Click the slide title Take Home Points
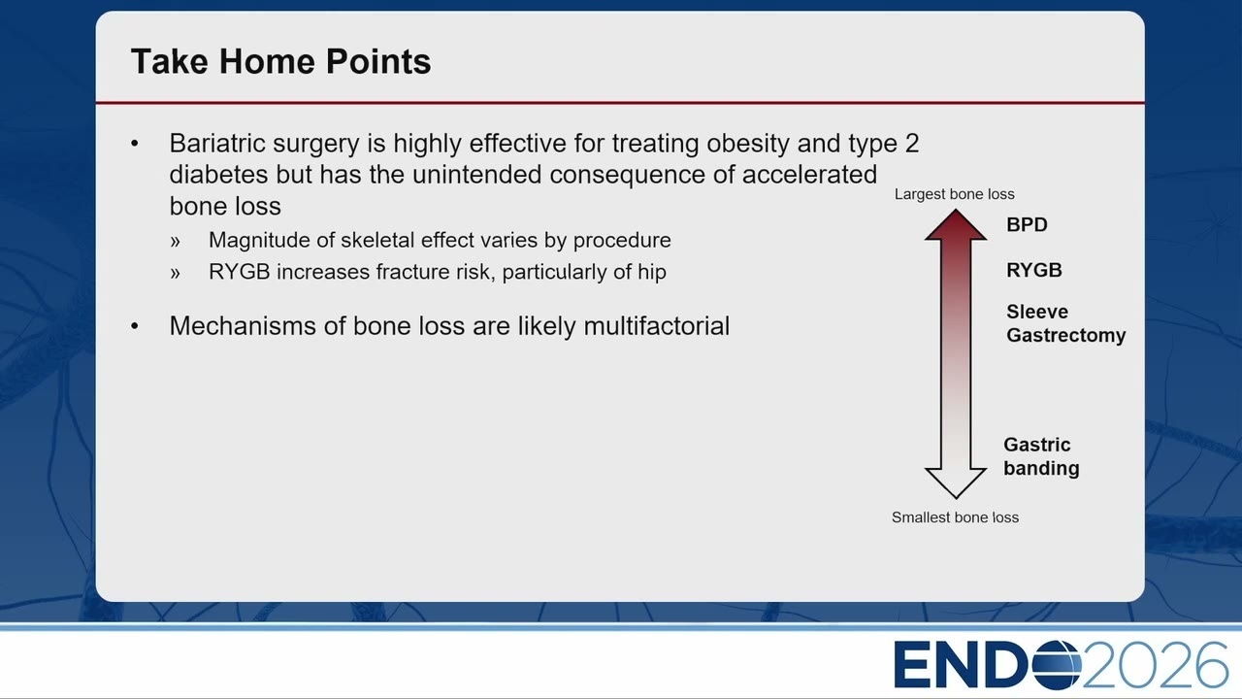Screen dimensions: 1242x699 [x=280, y=61]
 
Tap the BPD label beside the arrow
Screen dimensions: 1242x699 [x=1027, y=224]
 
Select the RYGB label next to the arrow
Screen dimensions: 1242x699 [x=1034, y=270]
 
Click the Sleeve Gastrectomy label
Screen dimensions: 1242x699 [x=1065, y=323]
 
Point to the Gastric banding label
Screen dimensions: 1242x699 [x=1041, y=456]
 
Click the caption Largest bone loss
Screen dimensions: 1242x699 [x=954, y=194]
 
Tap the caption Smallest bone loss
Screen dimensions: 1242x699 [x=955, y=517]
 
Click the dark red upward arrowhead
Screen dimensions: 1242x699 [x=956, y=224]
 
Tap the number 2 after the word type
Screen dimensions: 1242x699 [x=911, y=143]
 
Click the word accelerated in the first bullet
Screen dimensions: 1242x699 [x=809, y=175]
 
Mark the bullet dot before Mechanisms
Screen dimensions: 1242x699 [x=135, y=326]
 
